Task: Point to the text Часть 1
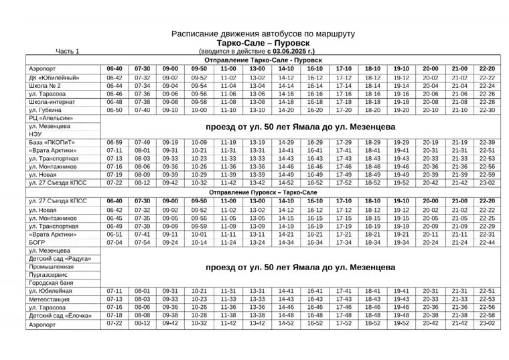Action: (68, 51)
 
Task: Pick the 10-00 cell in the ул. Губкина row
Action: (200, 110)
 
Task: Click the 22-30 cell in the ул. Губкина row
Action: (487, 110)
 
